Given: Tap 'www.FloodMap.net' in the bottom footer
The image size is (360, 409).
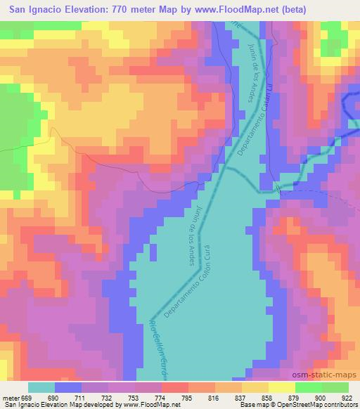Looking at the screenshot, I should point(150,405).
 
